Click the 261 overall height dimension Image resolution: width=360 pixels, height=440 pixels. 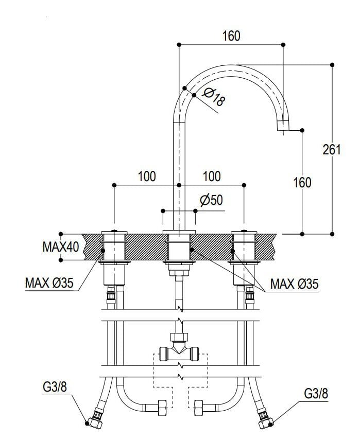coord(332,149)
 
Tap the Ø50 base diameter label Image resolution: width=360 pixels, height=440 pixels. coord(212,200)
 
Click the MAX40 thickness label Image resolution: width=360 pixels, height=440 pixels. coord(60,247)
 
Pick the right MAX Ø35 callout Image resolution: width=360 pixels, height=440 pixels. coord(294,283)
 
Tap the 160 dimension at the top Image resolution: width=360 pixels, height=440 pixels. coord(231,36)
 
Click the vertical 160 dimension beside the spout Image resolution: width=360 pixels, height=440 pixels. coord(302,182)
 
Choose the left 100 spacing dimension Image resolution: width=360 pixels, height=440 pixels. coord(147,177)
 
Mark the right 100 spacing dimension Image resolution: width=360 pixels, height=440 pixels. coord(211,177)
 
